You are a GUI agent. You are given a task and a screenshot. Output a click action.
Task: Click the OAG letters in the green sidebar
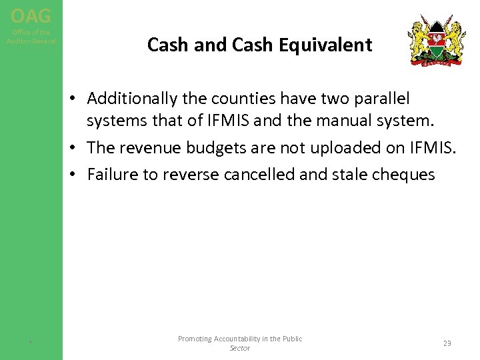[x=31, y=15]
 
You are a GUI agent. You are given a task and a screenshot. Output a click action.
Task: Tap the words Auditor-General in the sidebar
[x=31, y=41]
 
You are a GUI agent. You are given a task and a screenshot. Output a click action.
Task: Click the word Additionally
[x=127, y=99]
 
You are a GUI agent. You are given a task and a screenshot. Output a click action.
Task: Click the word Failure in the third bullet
[x=110, y=175]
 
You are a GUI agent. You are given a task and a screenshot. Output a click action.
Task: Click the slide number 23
[x=447, y=343]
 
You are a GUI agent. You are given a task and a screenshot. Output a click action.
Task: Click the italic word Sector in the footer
[x=239, y=348]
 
